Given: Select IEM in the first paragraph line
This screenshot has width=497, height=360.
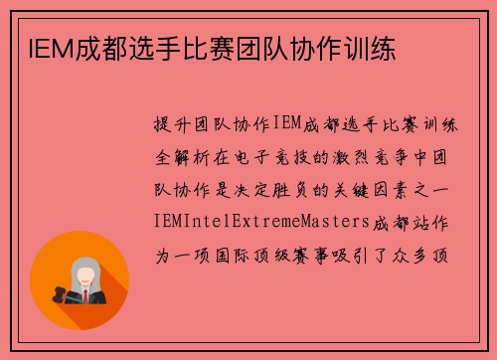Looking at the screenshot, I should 285,124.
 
